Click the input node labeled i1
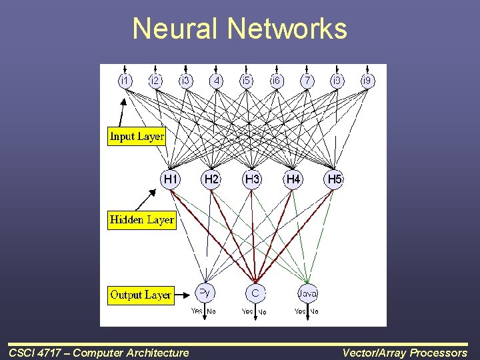125,80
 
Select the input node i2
155,80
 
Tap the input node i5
246,80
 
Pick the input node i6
276,80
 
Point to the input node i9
367,80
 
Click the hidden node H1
171,179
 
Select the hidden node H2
211,179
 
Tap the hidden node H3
253,179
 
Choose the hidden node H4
293,179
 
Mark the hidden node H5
334,179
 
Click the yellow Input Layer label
137,137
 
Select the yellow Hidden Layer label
141,220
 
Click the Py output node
205,292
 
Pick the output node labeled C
255,293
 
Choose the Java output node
307,293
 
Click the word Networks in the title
287,29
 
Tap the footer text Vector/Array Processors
405,353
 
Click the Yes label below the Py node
197,311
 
